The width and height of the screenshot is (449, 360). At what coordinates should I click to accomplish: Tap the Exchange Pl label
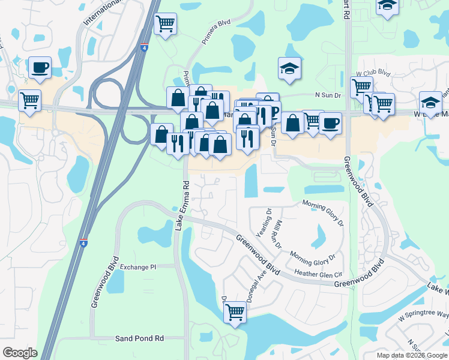point(137,266)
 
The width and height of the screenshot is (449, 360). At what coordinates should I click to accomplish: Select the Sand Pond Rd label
point(142,338)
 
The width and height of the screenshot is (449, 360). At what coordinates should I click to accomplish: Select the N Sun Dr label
point(328,95)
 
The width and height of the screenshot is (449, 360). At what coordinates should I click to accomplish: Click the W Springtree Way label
point(426,314)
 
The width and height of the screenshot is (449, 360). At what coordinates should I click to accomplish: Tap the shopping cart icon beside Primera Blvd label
point(165,24)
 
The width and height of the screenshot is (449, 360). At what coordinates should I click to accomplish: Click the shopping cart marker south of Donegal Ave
point(235,311)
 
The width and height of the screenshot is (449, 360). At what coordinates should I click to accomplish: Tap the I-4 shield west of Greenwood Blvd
point(83,242)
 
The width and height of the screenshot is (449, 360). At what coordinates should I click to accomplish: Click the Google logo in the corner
point(20,353)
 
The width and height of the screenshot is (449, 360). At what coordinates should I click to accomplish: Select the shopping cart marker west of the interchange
point(29,100)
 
